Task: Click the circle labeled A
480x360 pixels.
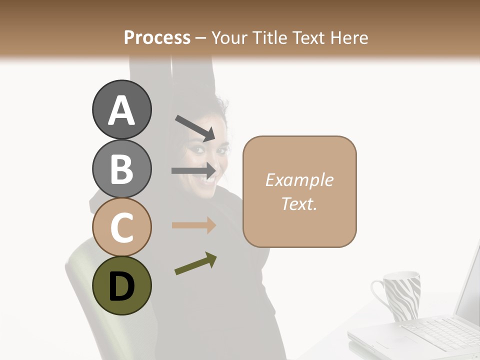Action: (121, 110)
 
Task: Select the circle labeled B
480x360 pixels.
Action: (121, 168)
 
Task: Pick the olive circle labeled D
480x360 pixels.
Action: (121, 285)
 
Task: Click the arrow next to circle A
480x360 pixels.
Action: (195, 127)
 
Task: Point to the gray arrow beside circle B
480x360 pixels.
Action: (193, 171)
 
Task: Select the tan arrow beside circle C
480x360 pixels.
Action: (193, 225)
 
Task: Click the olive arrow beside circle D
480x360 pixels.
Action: (195, 263)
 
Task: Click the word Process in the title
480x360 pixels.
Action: (157, 37)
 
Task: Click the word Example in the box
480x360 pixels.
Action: (299, 180)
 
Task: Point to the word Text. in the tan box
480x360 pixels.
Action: (299, 203)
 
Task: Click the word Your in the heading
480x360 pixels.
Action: (228, 37)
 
